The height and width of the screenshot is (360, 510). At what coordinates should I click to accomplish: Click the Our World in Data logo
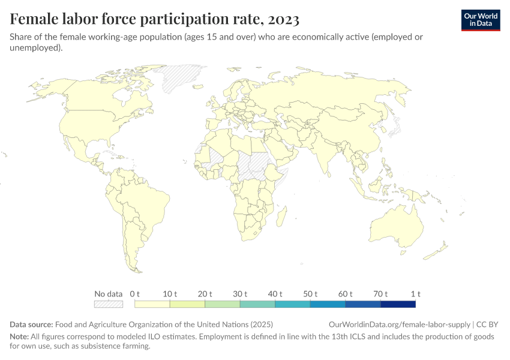[x=480, y=19]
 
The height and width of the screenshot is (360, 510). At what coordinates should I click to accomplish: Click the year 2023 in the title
[x=281, y=20]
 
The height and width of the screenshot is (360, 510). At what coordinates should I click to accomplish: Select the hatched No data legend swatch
[x=108, y=304]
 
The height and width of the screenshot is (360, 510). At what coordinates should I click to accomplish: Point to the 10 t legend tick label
[x=170, y=294]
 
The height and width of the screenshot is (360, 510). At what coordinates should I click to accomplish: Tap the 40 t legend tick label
[x=275, y=294]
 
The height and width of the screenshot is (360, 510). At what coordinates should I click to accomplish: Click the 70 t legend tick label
[x=380, y=294]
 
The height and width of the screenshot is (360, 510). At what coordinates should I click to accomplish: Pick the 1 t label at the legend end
[x=415, y=294]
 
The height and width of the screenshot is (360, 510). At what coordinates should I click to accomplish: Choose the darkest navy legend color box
[x=398, y=304]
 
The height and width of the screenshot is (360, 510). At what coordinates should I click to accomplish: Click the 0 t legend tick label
[x=135, y=294]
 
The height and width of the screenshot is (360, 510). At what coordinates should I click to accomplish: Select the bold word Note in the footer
[x=19, y=337]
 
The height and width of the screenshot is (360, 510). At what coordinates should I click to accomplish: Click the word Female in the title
[x=35, y=20]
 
